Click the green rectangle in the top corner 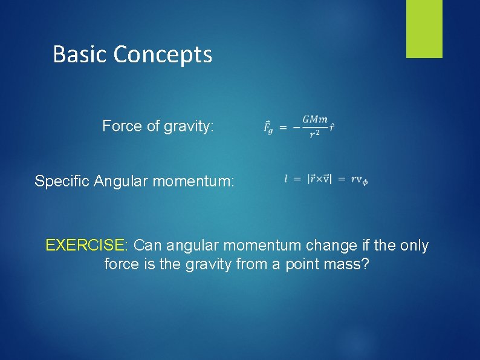tap(424, 28)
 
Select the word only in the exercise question tap(413, 246)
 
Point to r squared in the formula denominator tap(314, 134)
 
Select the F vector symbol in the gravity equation tap(268, 127)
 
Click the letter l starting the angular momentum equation tap(286, 178)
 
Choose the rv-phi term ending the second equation tap(359, 180)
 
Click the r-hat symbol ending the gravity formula tap(332, 127)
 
